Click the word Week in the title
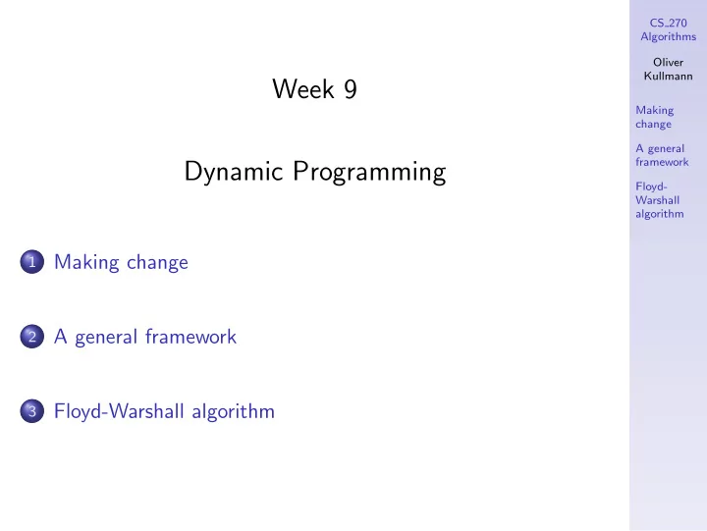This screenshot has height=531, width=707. (303, 88)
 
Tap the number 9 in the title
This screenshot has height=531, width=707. (351, 88)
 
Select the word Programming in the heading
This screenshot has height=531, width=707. (369, 172)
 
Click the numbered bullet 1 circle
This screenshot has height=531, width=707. (32, 261)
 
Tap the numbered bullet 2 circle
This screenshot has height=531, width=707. (32, 337)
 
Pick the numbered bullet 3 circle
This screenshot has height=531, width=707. (32, 410)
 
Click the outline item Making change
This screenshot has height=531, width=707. (121, 262)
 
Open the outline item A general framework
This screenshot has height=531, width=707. (145, 337)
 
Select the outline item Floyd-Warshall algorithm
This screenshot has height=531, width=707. (164, 411)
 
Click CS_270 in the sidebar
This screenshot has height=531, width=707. (669, 23)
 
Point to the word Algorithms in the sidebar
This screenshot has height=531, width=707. (669, 37)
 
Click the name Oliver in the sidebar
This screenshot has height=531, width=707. (669, 62)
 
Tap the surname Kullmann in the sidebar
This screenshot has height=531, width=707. (669, 76)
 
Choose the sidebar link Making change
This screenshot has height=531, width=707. (655, 117)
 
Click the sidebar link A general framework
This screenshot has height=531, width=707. (662, 155)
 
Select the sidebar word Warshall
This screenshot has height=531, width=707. (657, 200)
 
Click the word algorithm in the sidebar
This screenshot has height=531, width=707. (660, 214)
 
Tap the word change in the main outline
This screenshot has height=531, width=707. (157, 263)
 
